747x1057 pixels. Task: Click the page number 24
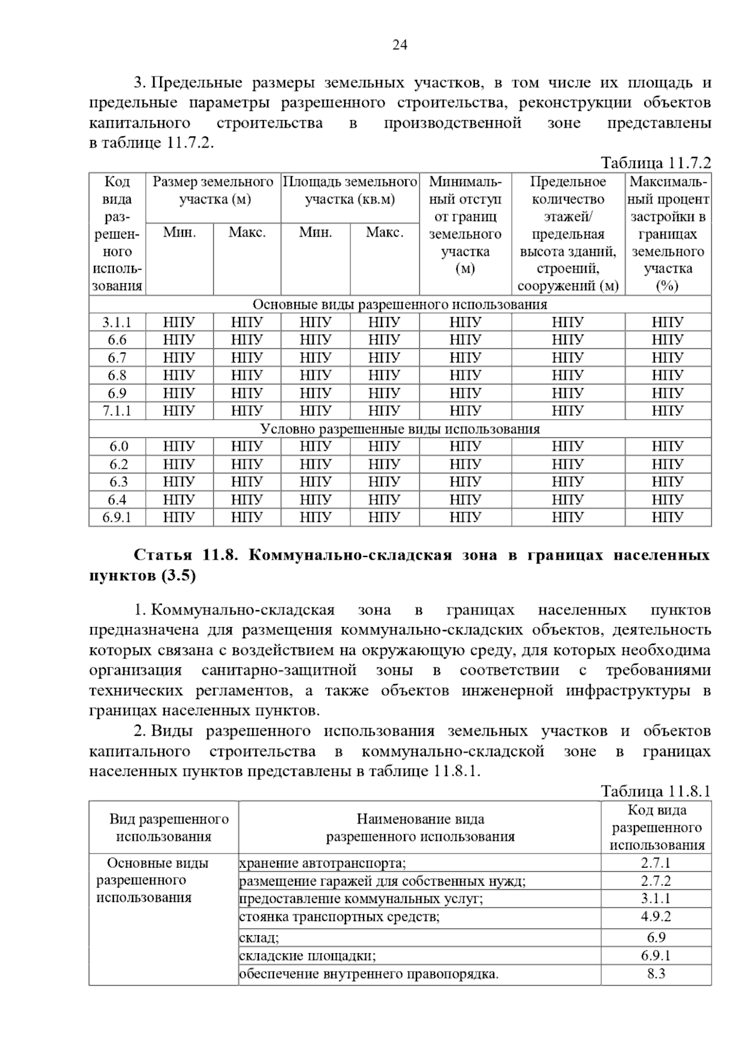400,44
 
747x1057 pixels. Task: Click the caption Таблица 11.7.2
655,163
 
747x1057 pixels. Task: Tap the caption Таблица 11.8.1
655,791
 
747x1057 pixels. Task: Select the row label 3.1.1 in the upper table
117,322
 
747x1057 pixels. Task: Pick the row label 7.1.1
117,411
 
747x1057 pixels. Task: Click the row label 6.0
117,446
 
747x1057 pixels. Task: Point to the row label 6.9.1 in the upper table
117,517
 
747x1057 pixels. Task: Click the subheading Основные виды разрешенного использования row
400,304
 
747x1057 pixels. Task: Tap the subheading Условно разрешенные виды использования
400,429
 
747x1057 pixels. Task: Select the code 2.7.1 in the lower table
656,863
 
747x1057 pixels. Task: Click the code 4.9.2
656,916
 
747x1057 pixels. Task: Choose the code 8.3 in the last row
656,974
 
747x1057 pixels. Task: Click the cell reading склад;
260,938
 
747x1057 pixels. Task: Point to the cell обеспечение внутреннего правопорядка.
369,974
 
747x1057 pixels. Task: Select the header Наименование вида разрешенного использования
420,828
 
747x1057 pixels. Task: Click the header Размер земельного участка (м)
214,190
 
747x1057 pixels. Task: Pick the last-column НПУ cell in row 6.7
667,358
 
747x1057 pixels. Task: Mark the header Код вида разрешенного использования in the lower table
656,828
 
